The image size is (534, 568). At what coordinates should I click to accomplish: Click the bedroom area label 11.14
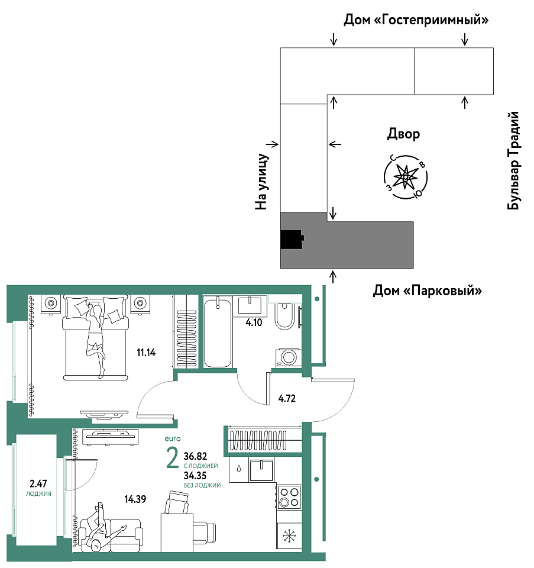click(146, 352)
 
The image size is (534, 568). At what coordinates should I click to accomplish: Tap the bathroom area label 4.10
click(254, 322)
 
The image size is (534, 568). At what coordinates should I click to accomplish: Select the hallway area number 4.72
click(287, 398)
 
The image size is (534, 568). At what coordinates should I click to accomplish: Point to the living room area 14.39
click(135, 499)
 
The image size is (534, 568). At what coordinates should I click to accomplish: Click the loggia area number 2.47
click(38, 483)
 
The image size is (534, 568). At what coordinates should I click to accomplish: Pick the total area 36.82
click(195, 456)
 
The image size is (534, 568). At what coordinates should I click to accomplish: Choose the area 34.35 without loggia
click(195, 476)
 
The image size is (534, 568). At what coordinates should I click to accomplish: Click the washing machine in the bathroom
click(289, 358)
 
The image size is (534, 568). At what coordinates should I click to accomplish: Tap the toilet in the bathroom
click(284, 316)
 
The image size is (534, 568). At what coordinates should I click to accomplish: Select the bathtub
click(218, 333)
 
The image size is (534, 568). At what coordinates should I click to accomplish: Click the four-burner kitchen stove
click(289, 497)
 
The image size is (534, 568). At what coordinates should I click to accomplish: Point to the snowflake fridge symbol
click(289, 536)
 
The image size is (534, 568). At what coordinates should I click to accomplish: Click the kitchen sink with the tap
click(261, 469)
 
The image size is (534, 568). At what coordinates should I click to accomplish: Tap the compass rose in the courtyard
click(406, 177)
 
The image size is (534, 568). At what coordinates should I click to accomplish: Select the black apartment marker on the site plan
click(292, 240)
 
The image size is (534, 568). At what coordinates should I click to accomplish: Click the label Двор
click(404, 134)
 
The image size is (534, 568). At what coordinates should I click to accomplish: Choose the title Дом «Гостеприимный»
click(416, 20)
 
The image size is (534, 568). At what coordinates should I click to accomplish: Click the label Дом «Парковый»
click(427, 291)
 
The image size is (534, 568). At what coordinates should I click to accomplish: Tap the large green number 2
click(172, 457)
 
